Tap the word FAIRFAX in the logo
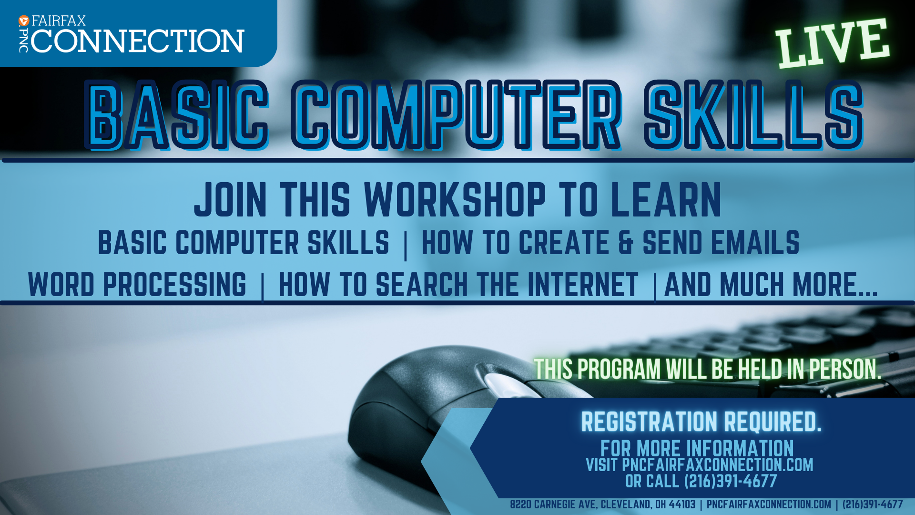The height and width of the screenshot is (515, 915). point(59,21)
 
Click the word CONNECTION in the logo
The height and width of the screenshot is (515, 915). point(138,41)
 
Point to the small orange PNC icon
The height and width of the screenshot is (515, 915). point(24,21)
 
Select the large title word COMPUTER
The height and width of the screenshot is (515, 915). point(456,115)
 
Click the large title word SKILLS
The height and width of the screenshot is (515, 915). point(753,115)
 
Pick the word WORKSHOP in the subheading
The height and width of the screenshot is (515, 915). point(455,200)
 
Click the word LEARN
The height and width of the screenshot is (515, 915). point(666,200)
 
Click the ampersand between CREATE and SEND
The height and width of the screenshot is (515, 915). point(626,242)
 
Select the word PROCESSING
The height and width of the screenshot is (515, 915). point(175,285)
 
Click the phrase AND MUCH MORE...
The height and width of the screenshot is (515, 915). point(771,285)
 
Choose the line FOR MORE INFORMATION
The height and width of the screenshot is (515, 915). point(697,449)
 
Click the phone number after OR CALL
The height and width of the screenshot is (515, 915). point(731,481)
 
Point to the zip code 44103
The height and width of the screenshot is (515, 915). point(682,505)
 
